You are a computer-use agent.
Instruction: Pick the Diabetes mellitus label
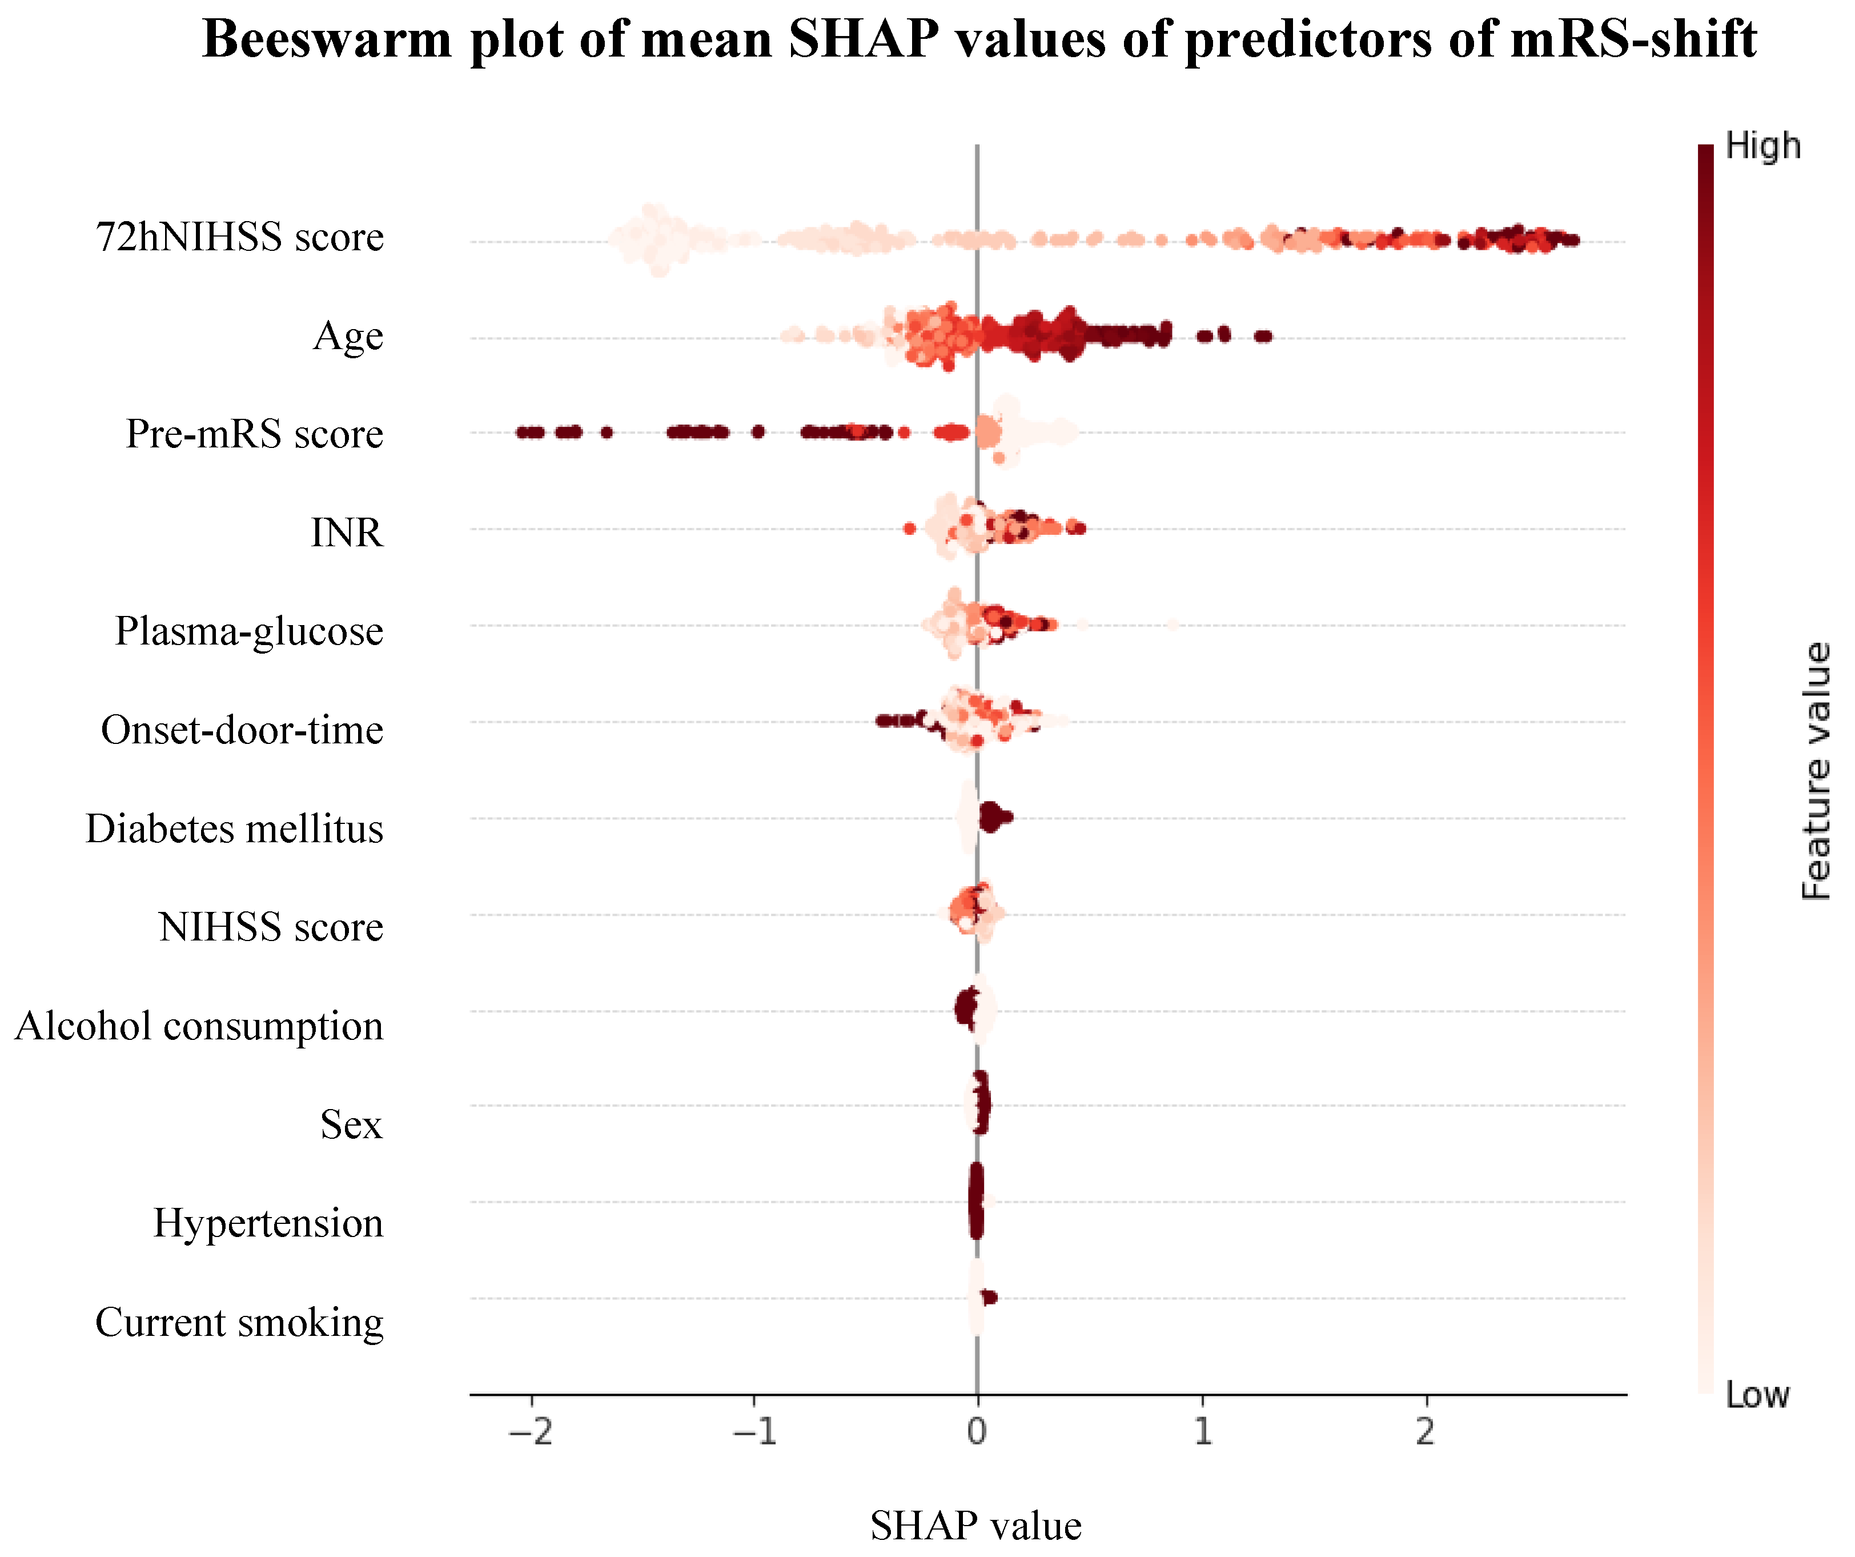[234, 830]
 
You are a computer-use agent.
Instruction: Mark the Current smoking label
[239, 1323]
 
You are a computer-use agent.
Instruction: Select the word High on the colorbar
[1762, 146]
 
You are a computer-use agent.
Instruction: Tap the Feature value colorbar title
[1816, 771]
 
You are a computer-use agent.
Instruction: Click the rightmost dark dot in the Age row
[1264, 336]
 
